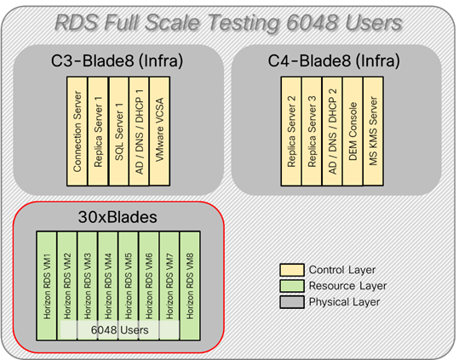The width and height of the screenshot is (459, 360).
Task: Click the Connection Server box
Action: [x=77, y=127]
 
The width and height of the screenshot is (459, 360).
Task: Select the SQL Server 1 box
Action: [x=119, y=127]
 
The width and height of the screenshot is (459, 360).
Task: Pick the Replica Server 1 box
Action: [x=99, y=127]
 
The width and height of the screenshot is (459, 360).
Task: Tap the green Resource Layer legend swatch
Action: [x=290, y=286]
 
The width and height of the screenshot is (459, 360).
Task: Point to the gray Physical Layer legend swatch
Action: [x=290, y=301]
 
